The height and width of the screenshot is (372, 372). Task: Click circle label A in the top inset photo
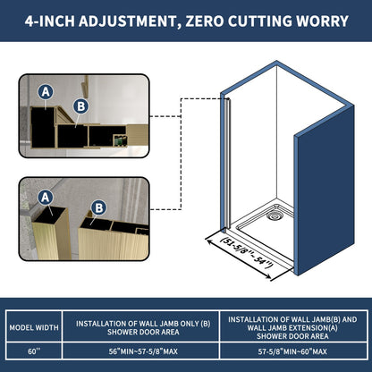45,90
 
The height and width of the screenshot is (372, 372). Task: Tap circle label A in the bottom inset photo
44,197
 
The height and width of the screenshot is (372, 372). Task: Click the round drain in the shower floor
274,213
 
